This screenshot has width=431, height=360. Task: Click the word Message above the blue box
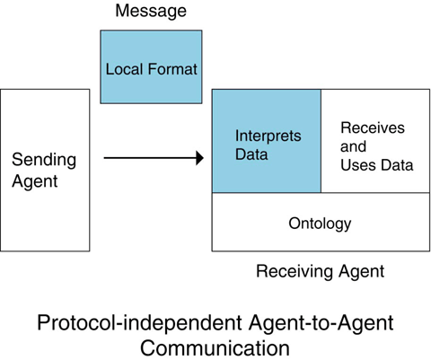(x=151, y=11)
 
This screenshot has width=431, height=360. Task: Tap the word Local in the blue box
(x=125, y=69)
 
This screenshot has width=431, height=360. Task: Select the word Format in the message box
(x=172, y=69)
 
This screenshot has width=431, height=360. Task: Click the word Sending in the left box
(x=44, y=161)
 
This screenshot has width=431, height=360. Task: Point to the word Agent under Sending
(x=35, y=181)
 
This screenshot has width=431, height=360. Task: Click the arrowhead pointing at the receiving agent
(x=200, y=158)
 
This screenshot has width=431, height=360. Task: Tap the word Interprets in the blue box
(x=268, y=136)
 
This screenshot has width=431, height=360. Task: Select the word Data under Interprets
(x=251, y=154)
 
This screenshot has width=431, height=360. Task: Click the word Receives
(x=373, y=127)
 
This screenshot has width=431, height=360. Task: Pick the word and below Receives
(x=353, y=146)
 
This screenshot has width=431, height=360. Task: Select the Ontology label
(x=320, y=224)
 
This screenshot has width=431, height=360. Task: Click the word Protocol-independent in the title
(x=139, y=323)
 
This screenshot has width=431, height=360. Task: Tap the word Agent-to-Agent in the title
(x=321, y=323)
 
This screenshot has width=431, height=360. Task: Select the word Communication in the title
(x=215, y=348)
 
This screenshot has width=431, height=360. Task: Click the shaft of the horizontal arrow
(x=150, y=158)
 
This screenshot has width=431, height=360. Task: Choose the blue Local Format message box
(x=151, y=66)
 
